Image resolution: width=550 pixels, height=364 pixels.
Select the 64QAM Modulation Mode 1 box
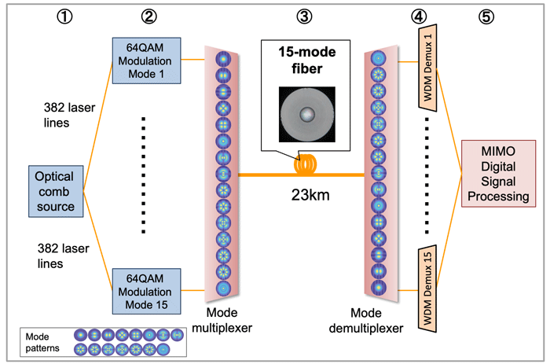coord(144,60)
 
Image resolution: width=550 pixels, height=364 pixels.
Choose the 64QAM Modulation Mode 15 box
coord(144,289)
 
